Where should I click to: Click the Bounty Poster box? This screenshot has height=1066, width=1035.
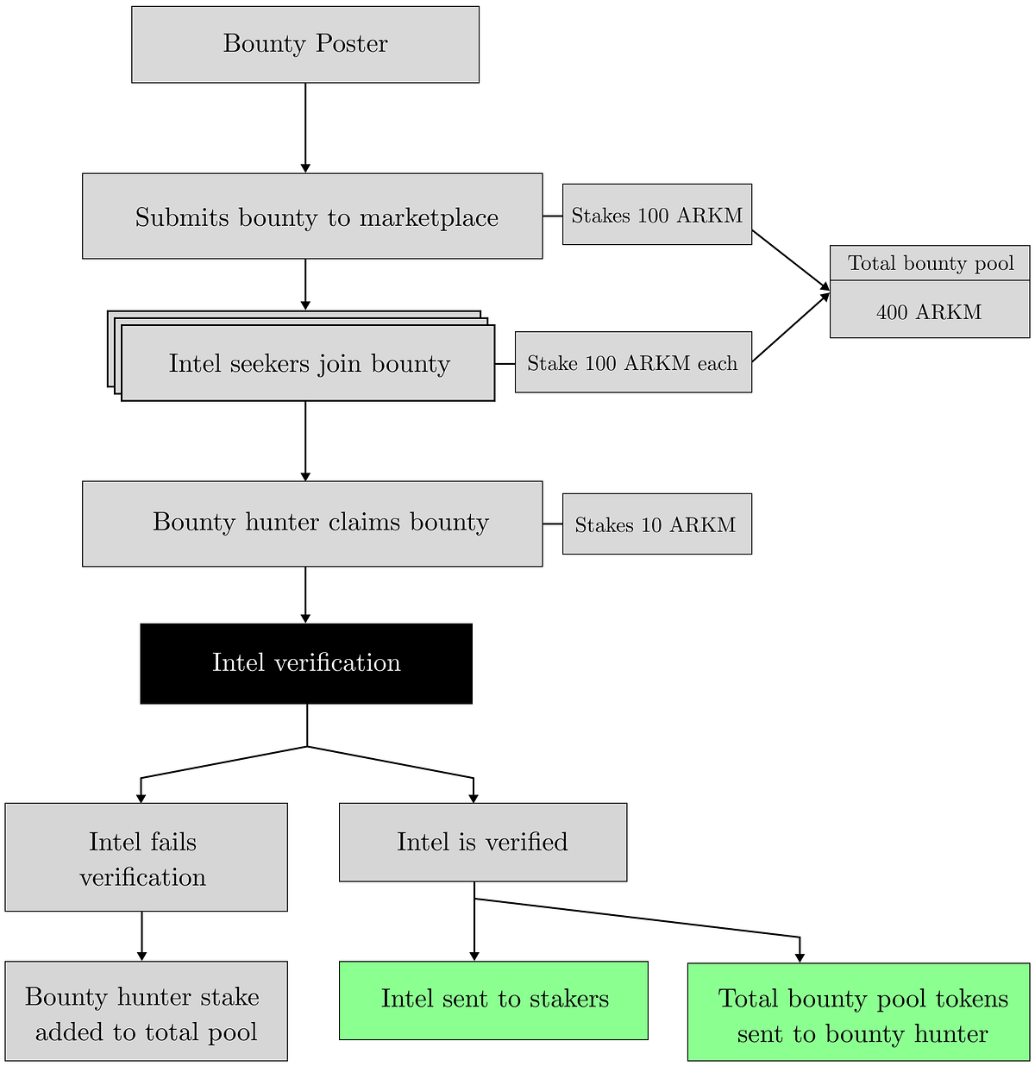click(x=305, y=44)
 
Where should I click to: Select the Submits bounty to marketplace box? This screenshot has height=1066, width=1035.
click(x=312, y=216)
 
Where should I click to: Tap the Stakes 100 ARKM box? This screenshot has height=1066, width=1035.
click(x=657, y=214)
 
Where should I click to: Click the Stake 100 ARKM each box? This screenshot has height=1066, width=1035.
click(x=633, y=362)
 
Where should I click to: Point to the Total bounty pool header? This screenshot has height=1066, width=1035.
click(x=930, y=263)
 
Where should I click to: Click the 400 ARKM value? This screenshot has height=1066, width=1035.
click(x=929, y=312)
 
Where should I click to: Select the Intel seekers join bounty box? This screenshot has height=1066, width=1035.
click(x=308, y=362)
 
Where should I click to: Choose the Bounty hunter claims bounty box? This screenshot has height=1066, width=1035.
click(x=312, y=524)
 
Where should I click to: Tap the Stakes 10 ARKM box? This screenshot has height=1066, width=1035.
click(x=657, y=524)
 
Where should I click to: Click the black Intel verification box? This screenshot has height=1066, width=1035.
click(x=306, y=663)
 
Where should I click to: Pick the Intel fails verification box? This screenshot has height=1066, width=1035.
click(x=147, y=857)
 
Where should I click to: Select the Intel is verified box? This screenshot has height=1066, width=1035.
click(x=483, y=843)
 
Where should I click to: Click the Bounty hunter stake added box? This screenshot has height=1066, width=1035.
click(x=147, y=1011)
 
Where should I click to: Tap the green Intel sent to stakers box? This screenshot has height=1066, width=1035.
click(x=493, y=1000)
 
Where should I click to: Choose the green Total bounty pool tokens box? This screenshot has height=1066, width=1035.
click(x=858, y=1012)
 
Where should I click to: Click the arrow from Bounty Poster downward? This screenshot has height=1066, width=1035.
click(x=305, y=129)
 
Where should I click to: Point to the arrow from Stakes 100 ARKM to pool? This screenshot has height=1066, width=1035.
click(x=791, y=260)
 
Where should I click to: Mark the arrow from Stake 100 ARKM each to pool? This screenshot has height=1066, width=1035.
click(x=791, y=327)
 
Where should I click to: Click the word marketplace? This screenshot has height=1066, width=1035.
click(x=429, y=218)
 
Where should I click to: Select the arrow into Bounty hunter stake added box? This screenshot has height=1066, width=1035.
click(x=142, y=936)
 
